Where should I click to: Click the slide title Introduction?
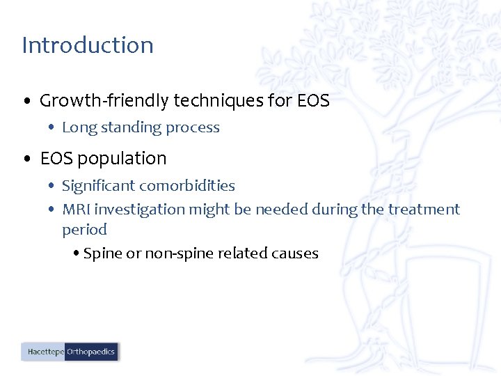coord(88,45)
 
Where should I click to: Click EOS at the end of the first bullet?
coord(312,101)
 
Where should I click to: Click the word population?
coord(122,159)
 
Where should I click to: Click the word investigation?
coord(136,210)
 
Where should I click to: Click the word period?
coord(84,230)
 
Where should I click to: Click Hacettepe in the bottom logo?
coord(45,352)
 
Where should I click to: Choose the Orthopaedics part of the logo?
coord(90,352)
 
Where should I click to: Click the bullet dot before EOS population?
coord(26,159)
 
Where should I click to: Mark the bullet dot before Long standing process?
coord(51,128)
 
